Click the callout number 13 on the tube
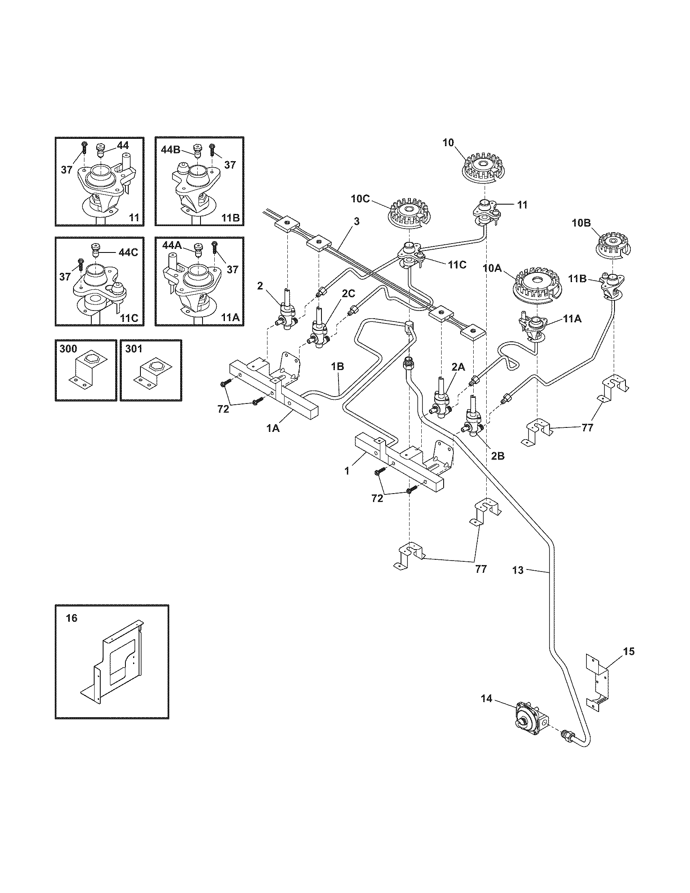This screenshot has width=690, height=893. tap(517, 570)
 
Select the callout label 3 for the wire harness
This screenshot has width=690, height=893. tap(356, 221)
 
